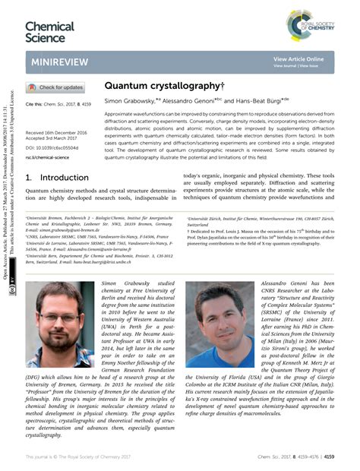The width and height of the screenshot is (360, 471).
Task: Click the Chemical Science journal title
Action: [x=49, y=31]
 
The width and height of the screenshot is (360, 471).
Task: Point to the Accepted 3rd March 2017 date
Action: [x=52, y=138]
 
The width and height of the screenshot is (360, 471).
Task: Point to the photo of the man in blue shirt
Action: [x=219, y=324]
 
